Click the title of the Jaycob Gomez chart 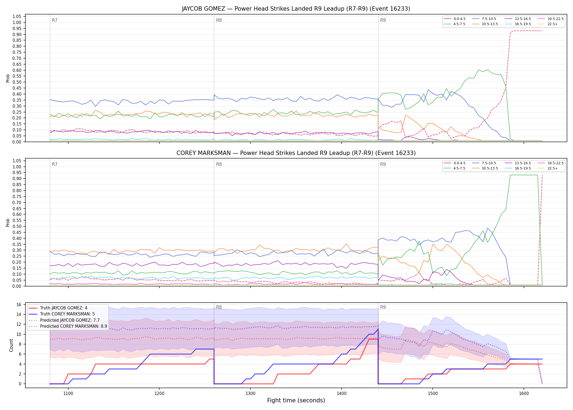[296, 9]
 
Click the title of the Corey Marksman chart [296, 153]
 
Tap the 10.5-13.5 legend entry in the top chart [485, 24]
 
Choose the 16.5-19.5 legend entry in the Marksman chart [518, 168]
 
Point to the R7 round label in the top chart [55, 20]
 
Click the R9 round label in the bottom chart [383, 307]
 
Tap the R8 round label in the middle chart [219, 164]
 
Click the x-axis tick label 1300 [250, 394]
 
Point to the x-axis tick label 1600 [524, 394]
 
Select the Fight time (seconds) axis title [296, 400]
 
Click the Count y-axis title [11, 345]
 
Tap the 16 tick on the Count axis [19, 304]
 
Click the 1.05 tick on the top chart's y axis [17, 17]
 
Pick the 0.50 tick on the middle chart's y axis [17, 226]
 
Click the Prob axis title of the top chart [8, 78]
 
